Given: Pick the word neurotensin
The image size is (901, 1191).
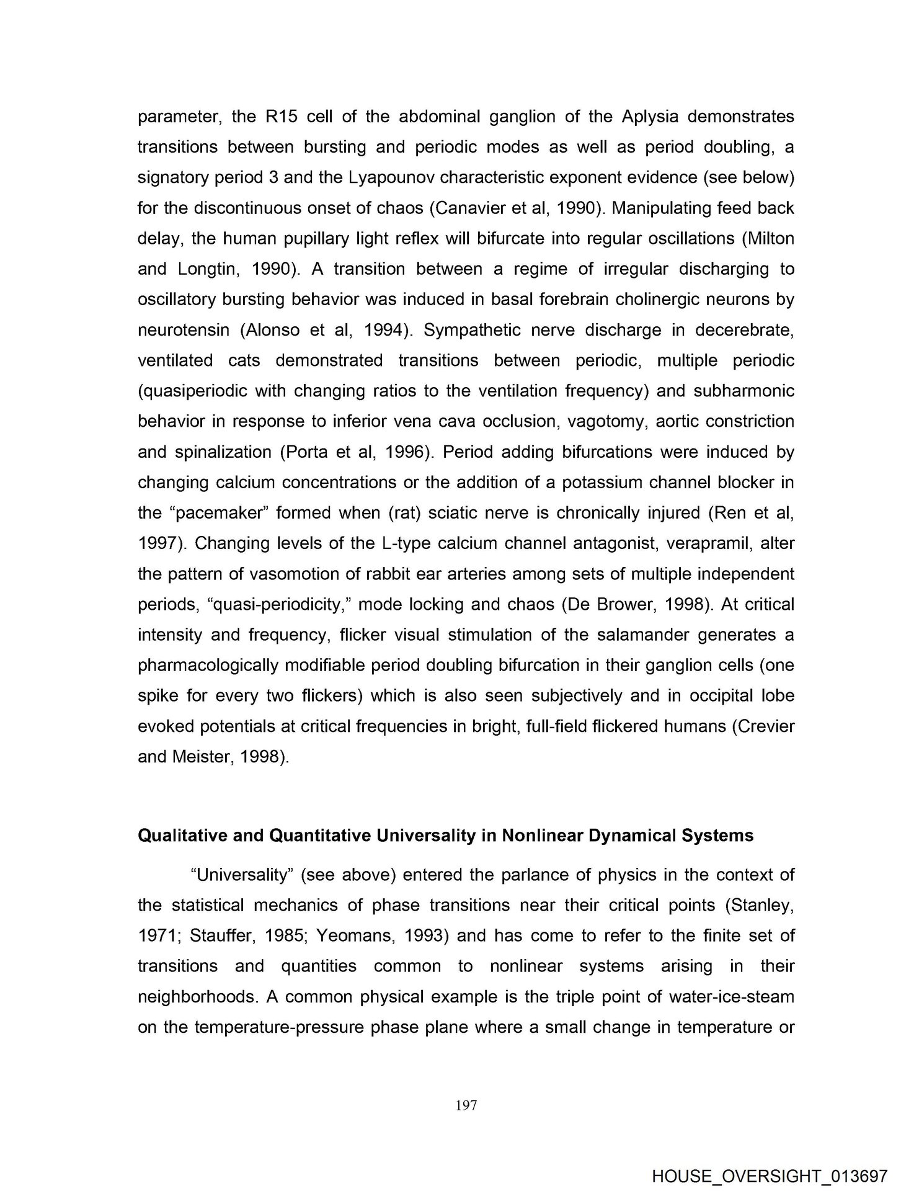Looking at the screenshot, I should point(180,329).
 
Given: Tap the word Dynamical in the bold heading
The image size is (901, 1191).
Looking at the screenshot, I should point(631,836).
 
